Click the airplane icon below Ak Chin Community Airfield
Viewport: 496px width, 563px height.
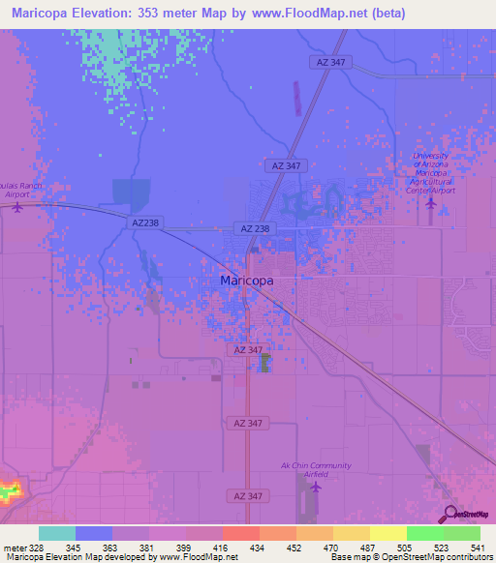pyautogui.click(x=316, y=487)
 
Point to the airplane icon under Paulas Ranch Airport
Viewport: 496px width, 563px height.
pyautogui.click(x=16, y=206)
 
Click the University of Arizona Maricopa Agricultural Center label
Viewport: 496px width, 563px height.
pyautogui.click(x=431, y=173)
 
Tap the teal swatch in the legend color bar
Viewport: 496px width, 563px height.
pyautogui.click(x=57, y=533)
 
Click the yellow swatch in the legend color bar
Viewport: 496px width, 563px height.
pyautogui.click(x=387, y=533)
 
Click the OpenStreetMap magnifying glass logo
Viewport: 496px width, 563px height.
pyautogui.click(x=449, y=516)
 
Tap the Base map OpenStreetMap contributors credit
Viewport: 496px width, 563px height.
pyautogui.click(x=409, y=557)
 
